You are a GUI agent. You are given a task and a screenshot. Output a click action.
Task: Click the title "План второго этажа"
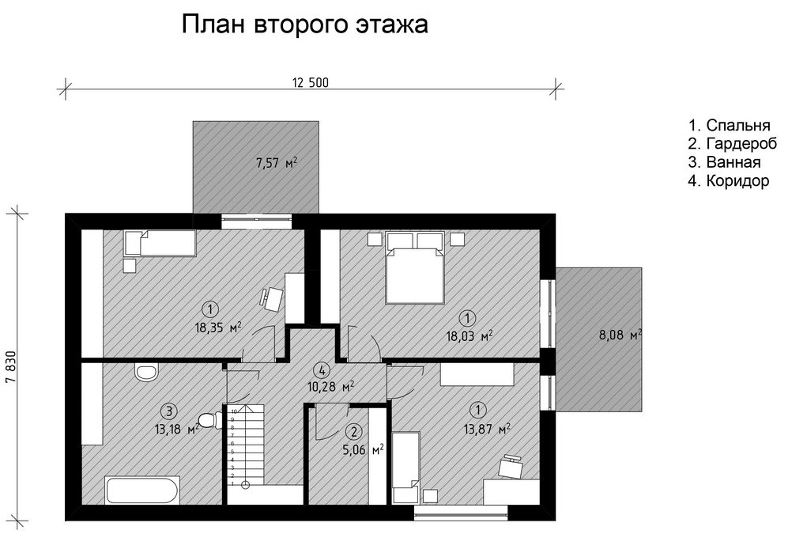coord(304,25)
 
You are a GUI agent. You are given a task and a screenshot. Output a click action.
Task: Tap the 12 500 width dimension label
coord(311,82)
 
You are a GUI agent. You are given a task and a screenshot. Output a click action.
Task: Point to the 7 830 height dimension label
coord(12,367)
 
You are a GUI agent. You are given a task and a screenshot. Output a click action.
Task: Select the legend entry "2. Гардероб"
coord(733,143)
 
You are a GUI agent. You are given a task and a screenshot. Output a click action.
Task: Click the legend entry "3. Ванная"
coord(724,161)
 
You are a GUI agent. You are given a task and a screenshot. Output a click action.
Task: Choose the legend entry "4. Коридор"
coord(729,180)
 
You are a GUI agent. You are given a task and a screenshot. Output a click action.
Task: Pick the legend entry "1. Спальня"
coord(730,125)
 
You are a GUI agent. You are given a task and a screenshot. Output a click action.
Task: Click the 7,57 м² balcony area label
coord(277,163)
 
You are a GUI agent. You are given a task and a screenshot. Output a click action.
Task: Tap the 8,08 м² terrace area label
coord(620,335)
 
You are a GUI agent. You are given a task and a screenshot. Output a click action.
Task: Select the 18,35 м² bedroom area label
coord(218,328)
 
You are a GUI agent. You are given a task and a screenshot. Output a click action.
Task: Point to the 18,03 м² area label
coord(469,336)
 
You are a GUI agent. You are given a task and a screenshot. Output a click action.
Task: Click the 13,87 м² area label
coord(487,429)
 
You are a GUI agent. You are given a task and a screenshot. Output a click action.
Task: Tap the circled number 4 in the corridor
coord(322,369)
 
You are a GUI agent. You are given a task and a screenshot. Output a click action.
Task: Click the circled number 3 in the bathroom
coord(169,411)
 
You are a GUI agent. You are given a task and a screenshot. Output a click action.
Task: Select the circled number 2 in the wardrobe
coord(353,431)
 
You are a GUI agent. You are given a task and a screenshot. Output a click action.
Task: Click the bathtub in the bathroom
coord(142,490)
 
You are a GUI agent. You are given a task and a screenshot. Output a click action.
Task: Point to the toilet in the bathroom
coord(210,420)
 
